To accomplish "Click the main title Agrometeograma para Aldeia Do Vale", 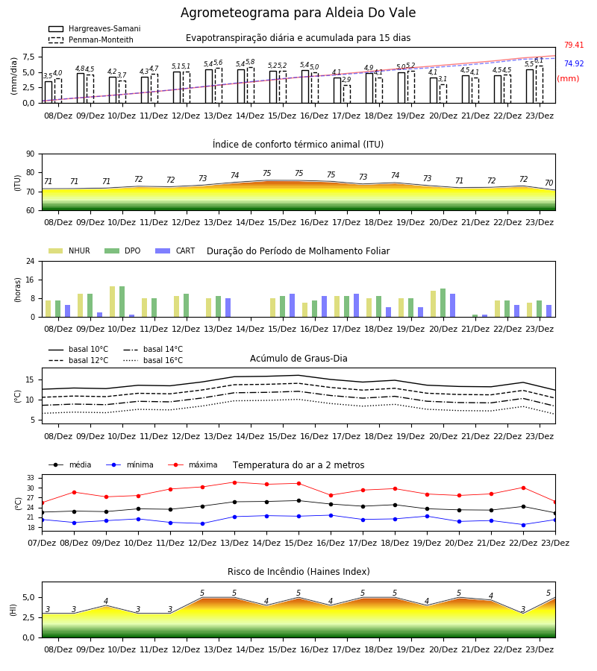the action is (298, 13).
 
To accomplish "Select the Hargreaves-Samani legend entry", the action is (95, 28).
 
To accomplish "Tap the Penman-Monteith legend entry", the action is (91, 40).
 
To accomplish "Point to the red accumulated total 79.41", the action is (574, 45).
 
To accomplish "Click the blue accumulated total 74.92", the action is (574, 64).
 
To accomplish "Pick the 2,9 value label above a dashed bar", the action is (346, 80).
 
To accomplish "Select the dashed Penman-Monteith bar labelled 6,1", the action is (540, 85).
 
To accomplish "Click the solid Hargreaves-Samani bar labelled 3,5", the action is (49, 92).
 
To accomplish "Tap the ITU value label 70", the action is (548, 183).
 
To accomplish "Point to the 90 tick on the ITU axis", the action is (31, 154).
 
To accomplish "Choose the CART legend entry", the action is (175, 251).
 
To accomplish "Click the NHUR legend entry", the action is (69, 251).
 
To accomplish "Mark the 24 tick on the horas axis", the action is (31, 261).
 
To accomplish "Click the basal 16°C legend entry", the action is (153, 360).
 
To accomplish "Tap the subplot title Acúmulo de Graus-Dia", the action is (298, 359).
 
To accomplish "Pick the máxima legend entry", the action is (193, 464).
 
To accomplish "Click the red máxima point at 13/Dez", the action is (234, 482).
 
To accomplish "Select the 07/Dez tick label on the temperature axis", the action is (42, 543).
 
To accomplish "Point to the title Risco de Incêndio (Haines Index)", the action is (298, 572).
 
